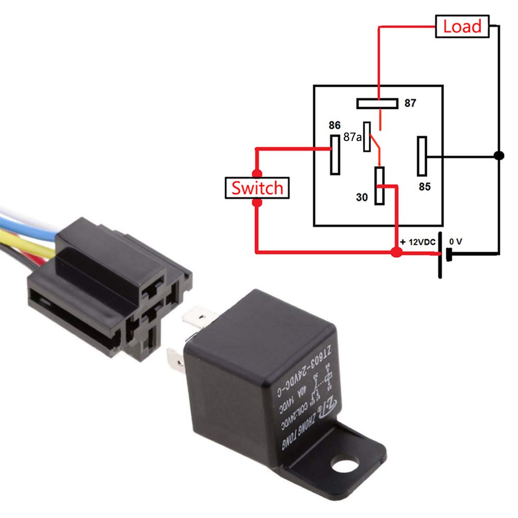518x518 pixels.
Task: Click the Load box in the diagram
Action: coord(463,26)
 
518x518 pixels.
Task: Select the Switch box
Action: coord(257,188)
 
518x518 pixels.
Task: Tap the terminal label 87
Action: coord(410,103)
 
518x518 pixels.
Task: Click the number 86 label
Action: coord(335,125)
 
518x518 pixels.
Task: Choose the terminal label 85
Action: coord(425,187)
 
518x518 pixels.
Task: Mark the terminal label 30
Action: coord(362,197)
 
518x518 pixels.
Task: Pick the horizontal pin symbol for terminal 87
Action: coord(377,104)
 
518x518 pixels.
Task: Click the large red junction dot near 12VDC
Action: coord(396,253)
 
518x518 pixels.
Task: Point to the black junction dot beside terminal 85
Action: coord(498,155)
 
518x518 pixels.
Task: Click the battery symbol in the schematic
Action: coord(443,254)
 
